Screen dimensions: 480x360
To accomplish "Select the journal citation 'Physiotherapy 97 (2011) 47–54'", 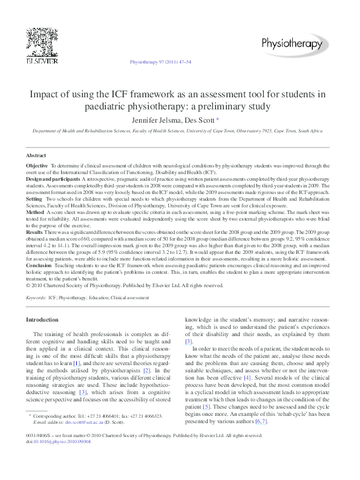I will coord(161,62).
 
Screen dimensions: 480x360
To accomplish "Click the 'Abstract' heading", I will coord(36,155).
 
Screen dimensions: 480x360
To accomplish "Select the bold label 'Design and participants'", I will coord(53,180).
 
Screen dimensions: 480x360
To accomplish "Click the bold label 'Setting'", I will coord(34,198).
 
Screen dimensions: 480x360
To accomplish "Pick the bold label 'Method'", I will coord(35,213).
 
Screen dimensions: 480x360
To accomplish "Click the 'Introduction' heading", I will coord(42,319).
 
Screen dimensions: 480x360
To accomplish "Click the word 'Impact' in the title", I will coord(45,94).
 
